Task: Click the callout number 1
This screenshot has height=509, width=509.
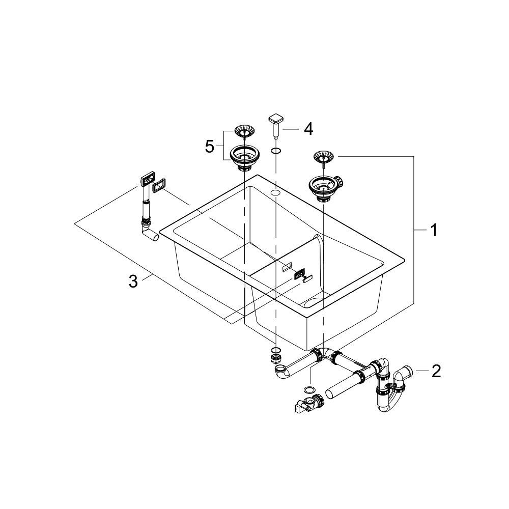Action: (x=433, y=231)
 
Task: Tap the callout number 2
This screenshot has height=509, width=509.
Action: (x=436, y=372)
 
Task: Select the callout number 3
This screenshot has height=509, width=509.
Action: (x=133, y=281)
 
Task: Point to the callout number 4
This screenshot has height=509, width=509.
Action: (x=308, y=129)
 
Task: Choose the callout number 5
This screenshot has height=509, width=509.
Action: (x=210, y=147)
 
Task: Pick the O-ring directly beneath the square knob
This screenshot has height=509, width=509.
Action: (x=275, y=151)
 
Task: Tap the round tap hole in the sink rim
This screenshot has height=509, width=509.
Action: (x=275, y=193)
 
